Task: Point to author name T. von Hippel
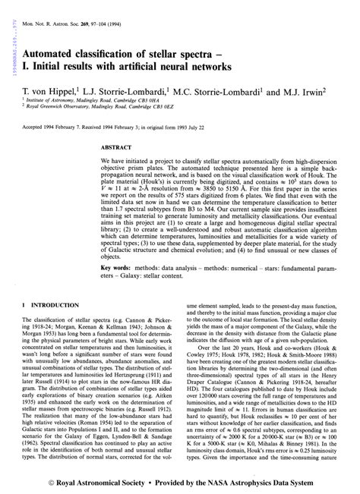(x=52, y=90)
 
